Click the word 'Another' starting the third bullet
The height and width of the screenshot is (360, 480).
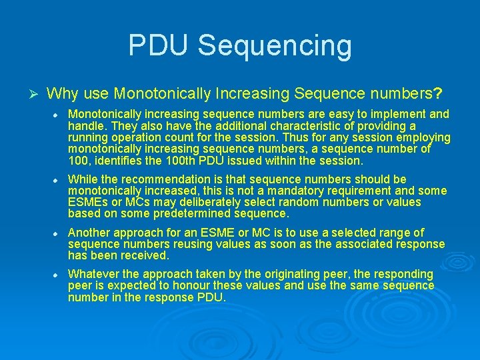click(x=89, y=233)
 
